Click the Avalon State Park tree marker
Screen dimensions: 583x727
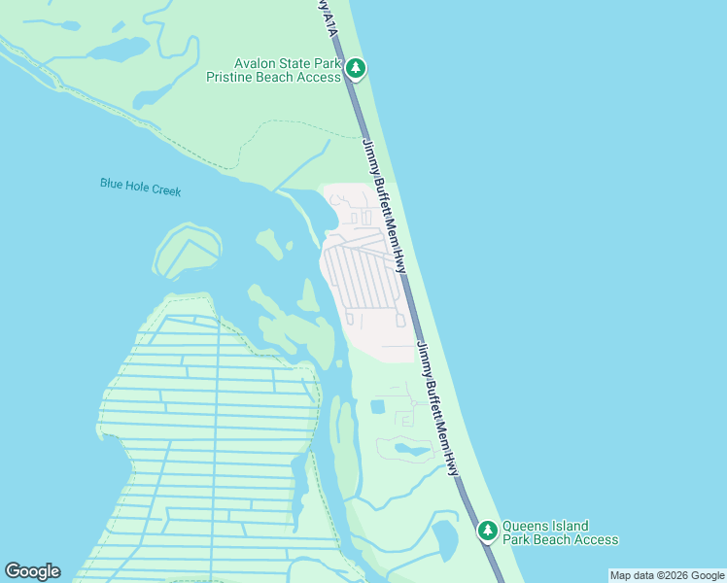coord(357,68)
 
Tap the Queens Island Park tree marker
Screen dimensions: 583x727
coord(487,531)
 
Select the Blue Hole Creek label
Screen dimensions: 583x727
coord(140,186)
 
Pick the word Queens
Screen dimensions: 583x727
coord(525,526)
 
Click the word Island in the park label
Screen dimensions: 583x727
coord(570,526)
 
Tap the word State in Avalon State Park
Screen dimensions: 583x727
coord(301,63)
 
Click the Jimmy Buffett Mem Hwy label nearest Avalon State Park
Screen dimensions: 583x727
coord(385,205)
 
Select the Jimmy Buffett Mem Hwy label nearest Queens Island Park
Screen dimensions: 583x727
coord(439,408)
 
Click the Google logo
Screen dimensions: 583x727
coord(32,571)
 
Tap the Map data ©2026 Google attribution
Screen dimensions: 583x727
coord(667,575)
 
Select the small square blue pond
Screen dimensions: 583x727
coord(377,406)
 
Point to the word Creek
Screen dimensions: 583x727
coord(165,189)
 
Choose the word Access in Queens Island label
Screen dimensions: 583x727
coord(595,539)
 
